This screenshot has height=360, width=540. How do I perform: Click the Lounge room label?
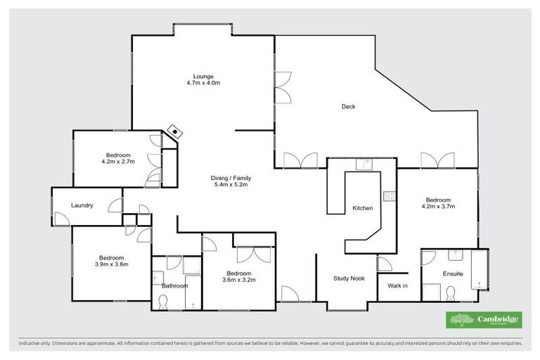pos(203,76)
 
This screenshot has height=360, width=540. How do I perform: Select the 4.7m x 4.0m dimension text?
pos(203,83)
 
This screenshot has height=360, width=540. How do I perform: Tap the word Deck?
pos(348,107)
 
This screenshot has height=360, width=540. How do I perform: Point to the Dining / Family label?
pos(231,178)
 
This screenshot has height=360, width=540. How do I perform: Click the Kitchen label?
pos(362,208)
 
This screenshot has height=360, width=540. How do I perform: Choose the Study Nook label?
pos(349,278)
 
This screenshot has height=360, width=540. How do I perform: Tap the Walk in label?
pos(398,285)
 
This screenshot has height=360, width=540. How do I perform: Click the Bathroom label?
pos(175,286)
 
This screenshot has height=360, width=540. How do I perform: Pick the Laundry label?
pos(83,205)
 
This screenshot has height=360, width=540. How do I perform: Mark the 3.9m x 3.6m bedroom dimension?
pos(112,264)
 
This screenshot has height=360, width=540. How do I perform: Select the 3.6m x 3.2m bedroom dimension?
pos(239,279)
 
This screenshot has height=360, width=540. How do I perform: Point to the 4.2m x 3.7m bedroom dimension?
pos(438,206)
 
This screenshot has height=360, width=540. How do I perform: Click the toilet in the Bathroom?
pos(163,302)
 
